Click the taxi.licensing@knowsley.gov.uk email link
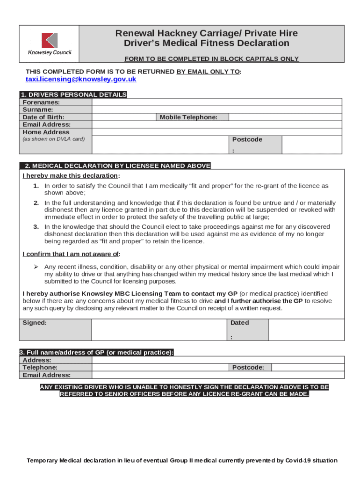[80, 80]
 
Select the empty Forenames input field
[218, 102]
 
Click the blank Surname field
[218, 109]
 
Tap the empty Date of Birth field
[123, 117]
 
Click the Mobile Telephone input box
[286, 117]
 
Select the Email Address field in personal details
[218, 124]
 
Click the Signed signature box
[159, 330]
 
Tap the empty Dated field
[306, 330]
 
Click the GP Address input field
[218, 360]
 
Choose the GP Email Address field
[218, 375]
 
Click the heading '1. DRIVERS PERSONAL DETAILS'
[73, 94]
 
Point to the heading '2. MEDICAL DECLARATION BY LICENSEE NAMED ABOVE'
[115, 166]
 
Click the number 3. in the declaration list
[36, 226]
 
